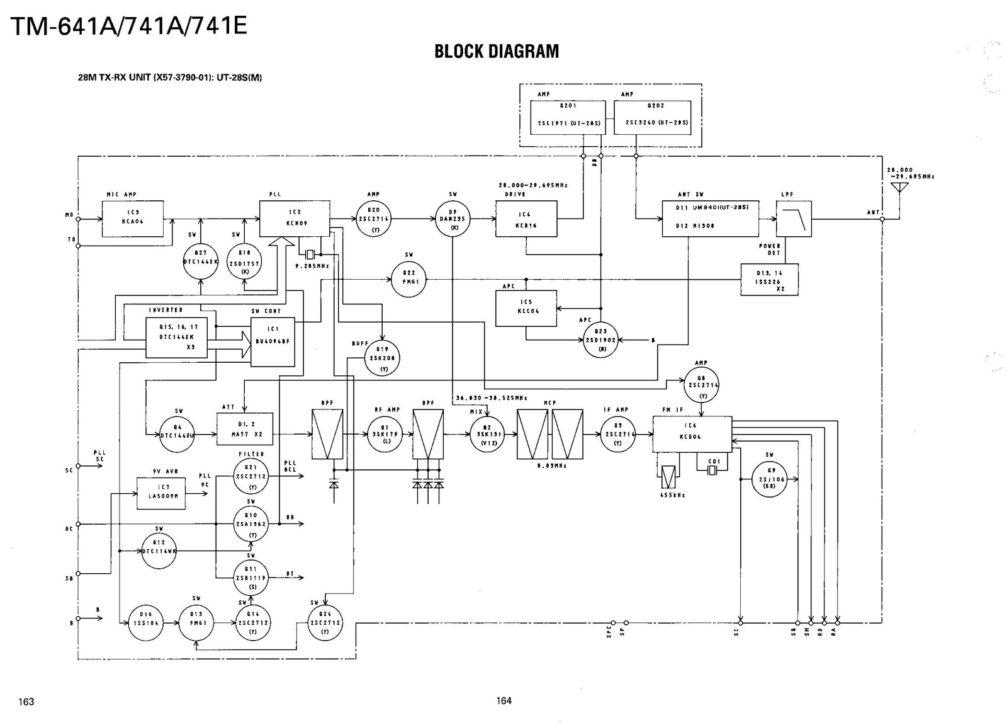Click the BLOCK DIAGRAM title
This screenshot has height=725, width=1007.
(x=497, y=52)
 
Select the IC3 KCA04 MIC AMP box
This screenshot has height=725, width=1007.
(x=133, y=219)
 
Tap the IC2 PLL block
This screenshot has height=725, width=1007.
(x=295, y=219)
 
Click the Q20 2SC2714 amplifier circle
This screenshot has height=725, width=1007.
(x=373, y=219)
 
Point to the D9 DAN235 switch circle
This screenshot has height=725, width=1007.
(x=453, y=219)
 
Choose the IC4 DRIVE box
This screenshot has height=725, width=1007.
(x=526, y=219)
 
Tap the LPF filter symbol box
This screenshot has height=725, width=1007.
(x=794, y=219)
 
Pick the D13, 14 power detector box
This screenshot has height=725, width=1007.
(x=770, y=280)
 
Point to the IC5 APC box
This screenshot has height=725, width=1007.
(x=526, y=308)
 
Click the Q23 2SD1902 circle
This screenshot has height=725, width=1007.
(x=600, y=340)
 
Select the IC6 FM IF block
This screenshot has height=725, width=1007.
(x=692, y=434)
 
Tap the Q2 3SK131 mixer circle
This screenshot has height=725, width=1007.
(x=487, y=434)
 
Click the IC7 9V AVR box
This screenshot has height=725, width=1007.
(x=161, y=493)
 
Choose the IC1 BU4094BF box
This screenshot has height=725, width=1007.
(x=273, y=341)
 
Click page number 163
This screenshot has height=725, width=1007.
(x=26, y=702)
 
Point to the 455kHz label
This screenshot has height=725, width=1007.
(x=672, y=495)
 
